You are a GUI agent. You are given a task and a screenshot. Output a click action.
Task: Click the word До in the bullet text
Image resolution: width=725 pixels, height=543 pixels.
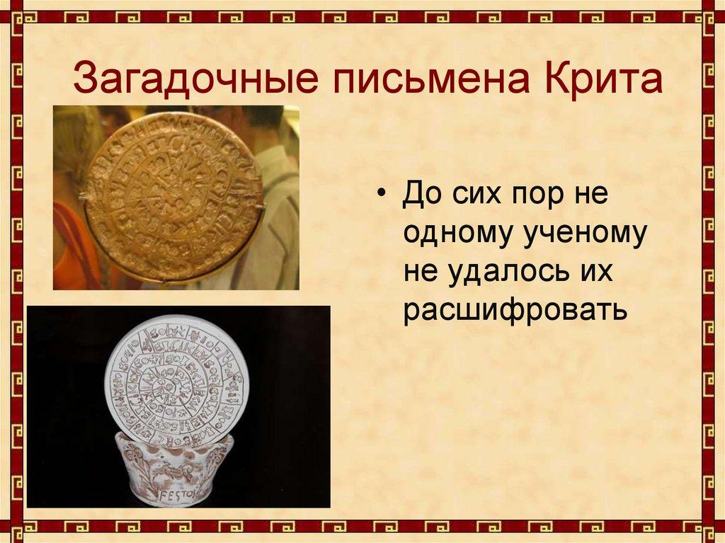[421, 194]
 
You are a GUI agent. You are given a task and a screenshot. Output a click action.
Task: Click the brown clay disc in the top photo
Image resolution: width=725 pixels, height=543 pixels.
[173, 196]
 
